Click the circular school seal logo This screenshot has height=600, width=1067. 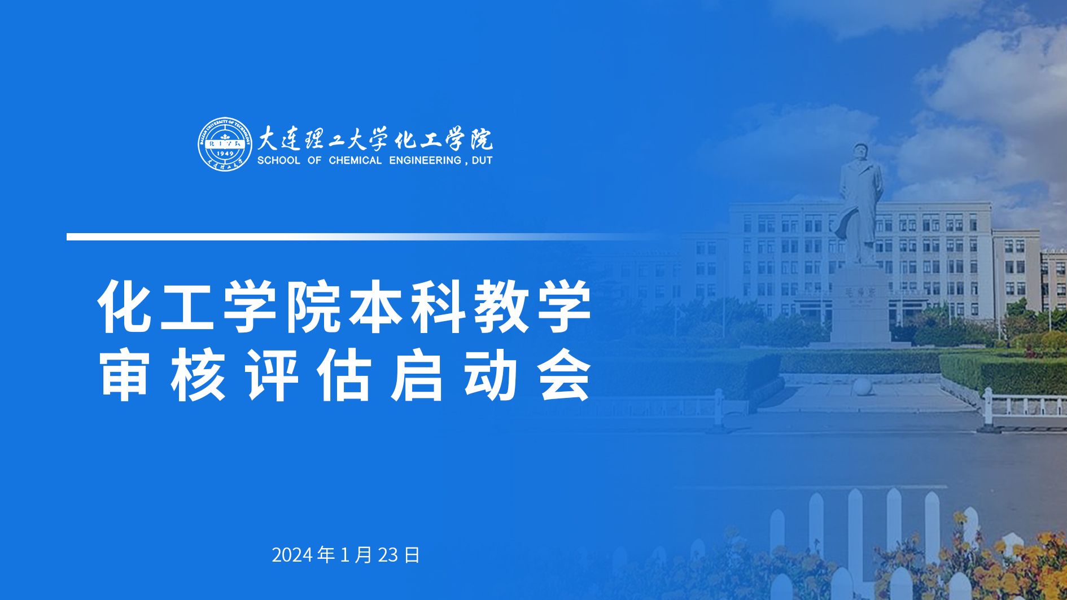click(x=225, y=144)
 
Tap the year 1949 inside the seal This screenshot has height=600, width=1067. click(x=225, y=154)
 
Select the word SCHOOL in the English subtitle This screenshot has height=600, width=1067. click(x=278, y=160)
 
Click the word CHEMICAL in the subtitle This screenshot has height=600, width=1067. click(x=355, y=160)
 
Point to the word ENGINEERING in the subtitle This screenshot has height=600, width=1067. click(x=425, y=160)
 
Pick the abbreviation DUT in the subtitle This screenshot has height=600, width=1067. click(x=482, y=160)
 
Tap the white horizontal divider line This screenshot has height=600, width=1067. click(x=361, y=237)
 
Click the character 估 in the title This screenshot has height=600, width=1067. click(x=345, y=375)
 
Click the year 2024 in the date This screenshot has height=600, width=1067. click(x=292, y=555)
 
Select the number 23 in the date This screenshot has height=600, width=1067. click(x=388, y=555)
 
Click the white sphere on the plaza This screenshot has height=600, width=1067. click(x=862, y=387)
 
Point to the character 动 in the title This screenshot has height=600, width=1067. click(x=492, y=375)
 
